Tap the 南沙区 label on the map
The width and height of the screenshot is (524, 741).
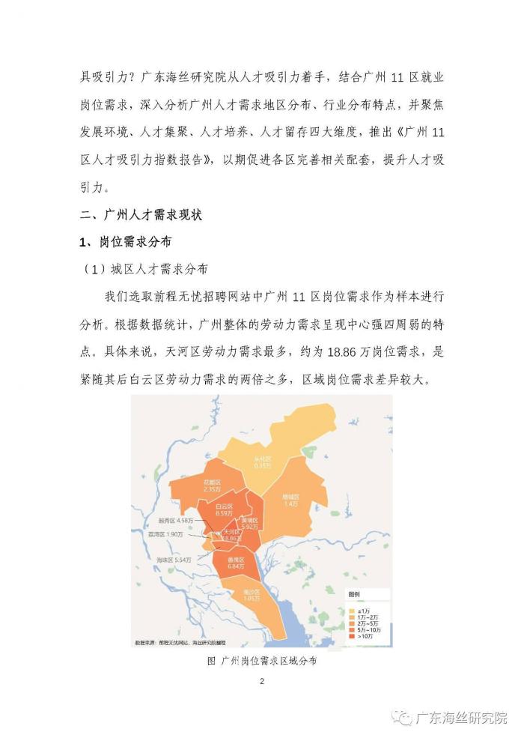(x=251, y=596)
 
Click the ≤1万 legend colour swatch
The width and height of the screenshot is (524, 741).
(x=351, y=610)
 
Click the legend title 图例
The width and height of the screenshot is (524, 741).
(x=353, y=593)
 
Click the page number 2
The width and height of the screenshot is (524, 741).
(x=262, y=681)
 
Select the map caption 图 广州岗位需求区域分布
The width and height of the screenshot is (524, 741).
(x=261, y=662)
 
